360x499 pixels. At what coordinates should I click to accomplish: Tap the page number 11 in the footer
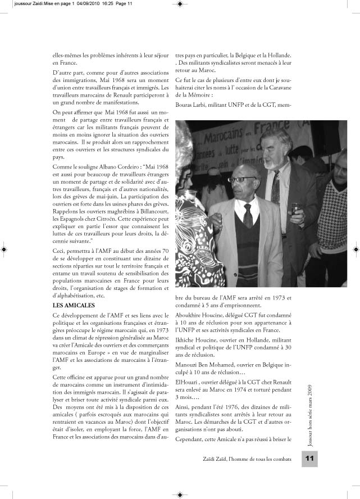coord(309,460)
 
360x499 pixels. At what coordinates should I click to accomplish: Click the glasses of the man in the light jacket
coord(244,180)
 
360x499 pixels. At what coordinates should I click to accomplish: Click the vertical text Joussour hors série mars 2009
coord(311,407)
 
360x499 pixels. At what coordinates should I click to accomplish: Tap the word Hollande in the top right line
coord(277,56)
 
